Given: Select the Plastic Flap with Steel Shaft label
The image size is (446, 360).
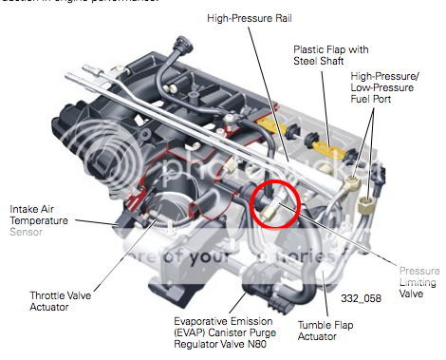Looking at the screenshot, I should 328,54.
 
